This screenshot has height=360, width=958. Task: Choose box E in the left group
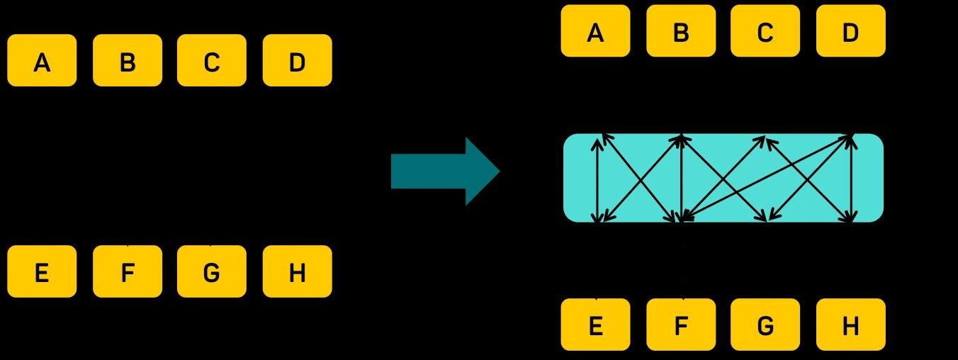42,271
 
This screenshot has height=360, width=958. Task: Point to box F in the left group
128,271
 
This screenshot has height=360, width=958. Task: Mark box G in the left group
211,271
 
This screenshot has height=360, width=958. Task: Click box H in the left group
297,271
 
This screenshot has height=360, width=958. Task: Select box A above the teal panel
595,31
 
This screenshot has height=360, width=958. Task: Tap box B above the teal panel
681,31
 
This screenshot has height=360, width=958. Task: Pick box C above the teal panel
765,31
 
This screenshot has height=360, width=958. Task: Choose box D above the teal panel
850,31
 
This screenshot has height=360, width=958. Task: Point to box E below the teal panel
595,325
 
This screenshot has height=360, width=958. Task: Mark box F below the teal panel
681,325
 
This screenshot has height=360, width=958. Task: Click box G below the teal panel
765,325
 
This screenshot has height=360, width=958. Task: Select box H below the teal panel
850,325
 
